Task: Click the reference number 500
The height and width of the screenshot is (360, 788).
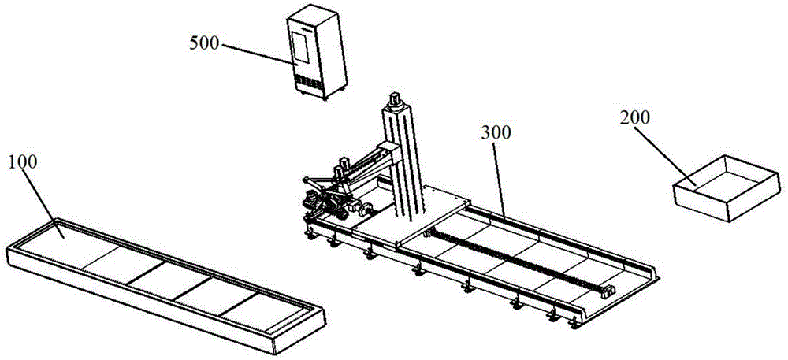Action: click(x=205, y=43)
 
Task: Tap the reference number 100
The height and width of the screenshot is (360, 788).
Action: click(x=23, y=162)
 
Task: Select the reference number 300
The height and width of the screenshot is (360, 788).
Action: click(x=496, y=132)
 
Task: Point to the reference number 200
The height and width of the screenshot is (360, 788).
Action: click(x=634, y=117)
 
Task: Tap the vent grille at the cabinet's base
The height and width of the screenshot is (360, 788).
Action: click(x=307, y=83)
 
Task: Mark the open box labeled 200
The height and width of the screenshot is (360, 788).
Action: click(x=727, y=187)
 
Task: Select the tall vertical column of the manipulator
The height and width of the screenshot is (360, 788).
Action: click(x=404, y=161)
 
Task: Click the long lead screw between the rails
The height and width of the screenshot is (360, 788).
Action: click(x=518, y=260)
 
